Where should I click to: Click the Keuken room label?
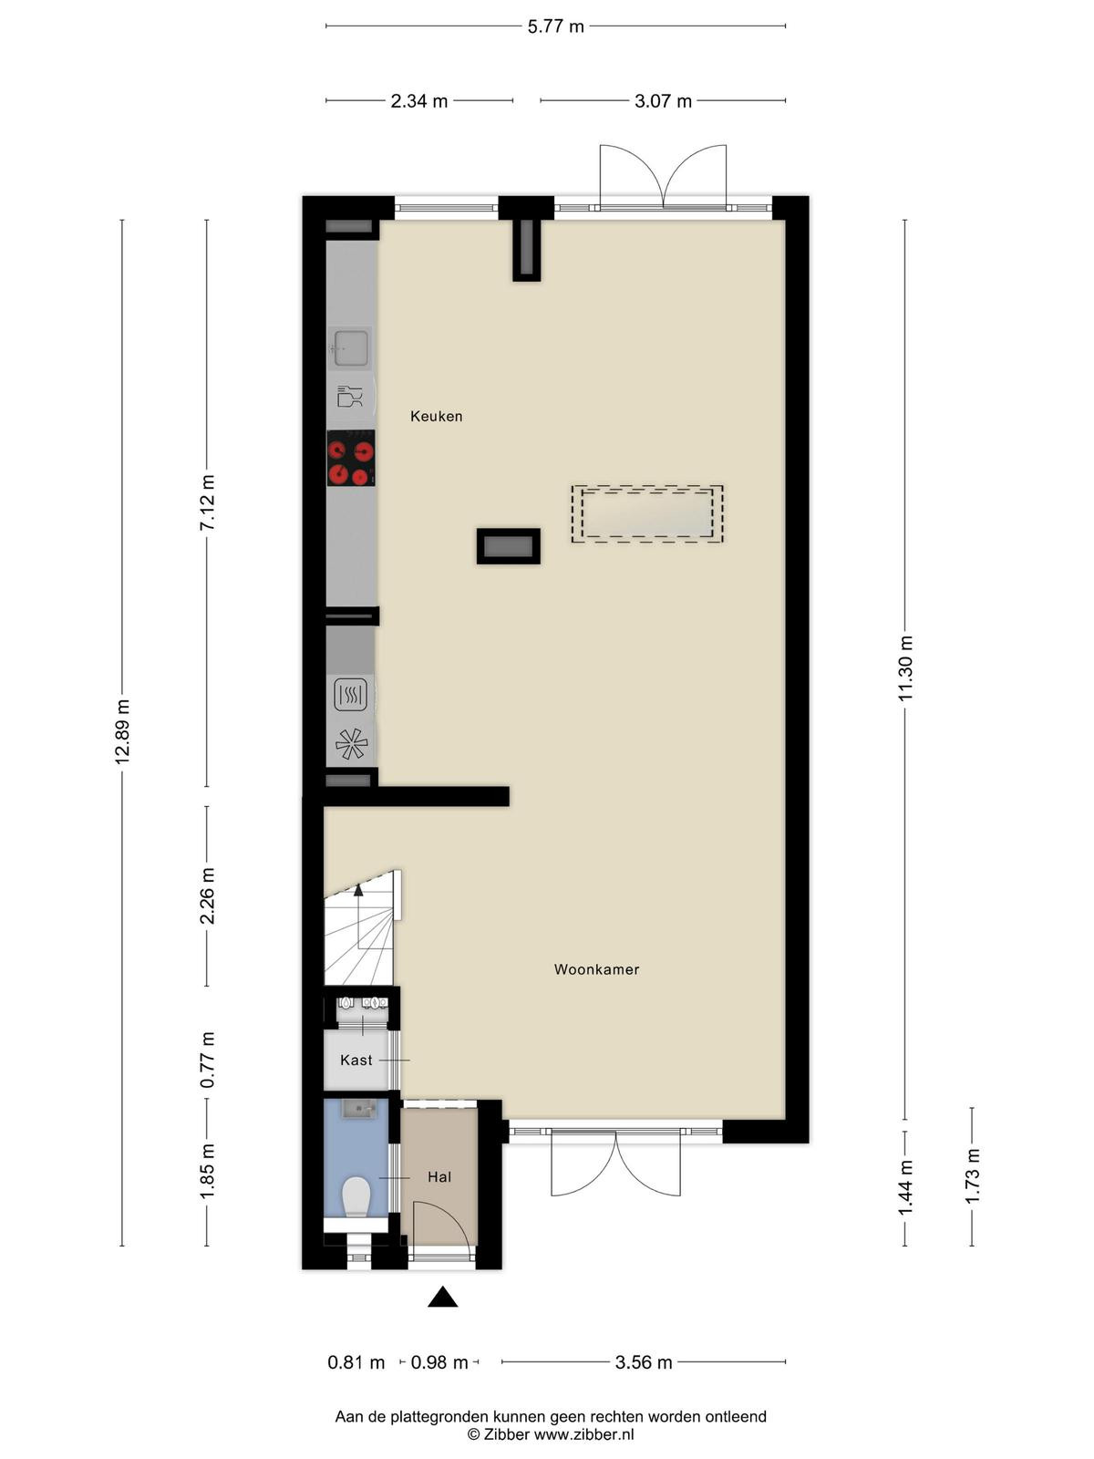pos(436,416)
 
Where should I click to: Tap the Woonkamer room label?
pos(596,969)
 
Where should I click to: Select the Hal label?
pos(439,1177)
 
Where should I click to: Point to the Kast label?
pos(356,1061)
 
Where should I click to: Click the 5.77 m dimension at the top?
pos(555,26)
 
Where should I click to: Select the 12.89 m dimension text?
pos(122,732)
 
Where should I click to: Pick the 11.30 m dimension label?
pos(905,668)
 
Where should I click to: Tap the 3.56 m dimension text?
pos(643,1362)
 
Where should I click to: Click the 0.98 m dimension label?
pos(439,1362)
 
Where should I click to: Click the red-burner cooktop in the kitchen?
pos(351,458)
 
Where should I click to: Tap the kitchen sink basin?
pos(351,347)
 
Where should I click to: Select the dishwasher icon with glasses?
pos(349,397)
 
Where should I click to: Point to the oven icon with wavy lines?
pos(350,695)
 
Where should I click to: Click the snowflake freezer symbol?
pos(351,744)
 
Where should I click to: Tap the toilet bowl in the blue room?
pos(356,1197)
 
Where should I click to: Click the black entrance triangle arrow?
pos(442,1297)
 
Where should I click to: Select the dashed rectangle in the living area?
pos(647,513)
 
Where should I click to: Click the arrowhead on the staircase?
pos(358,890)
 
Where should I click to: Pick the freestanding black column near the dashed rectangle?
pos(508,546)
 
